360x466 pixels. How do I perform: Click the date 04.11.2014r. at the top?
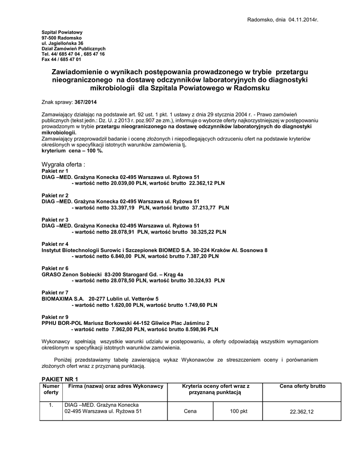tap(303, 20)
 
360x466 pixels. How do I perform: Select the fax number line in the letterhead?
tap(61, 60)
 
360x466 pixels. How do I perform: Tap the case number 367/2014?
tap(86, 102)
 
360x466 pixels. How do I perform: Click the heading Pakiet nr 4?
tap(55, 244)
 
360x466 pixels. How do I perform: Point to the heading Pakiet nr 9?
tap(55, 317)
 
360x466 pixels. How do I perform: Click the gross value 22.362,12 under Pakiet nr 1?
tap(207, 182)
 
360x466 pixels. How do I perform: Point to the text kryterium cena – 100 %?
tap(72, 151)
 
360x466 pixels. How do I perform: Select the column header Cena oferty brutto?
tap(302, 386)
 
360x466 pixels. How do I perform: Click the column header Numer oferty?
tap(51, 389)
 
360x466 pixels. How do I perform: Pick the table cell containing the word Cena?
tap(190, 410)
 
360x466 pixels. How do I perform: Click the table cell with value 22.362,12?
tap(302, 411)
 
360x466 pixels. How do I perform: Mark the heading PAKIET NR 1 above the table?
tap(60, 379)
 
